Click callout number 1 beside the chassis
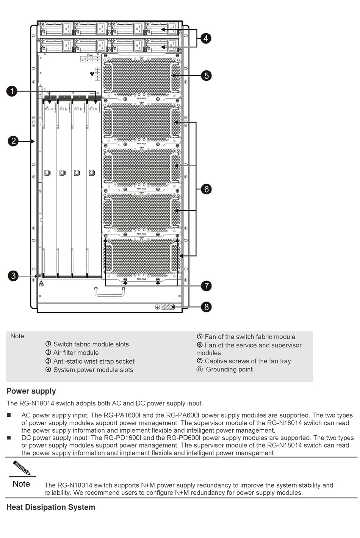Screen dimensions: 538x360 [x=12, y=91]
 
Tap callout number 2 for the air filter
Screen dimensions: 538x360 [x=13, y=141]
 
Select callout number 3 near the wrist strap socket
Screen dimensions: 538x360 [x=13, y=275]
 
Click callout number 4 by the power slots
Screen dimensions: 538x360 [x=206, y=38]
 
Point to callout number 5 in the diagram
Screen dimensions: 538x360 [x=206, y=75]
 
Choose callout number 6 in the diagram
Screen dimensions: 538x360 [x=206, y=189]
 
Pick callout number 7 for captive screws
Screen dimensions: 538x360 [x=206, y=286]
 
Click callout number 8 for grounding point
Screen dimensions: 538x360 [x=206, y=307]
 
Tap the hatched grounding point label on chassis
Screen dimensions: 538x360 [x=167, y=307]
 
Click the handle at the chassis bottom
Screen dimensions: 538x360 [x=110, y=291]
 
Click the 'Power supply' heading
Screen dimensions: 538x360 [x=31, y=391]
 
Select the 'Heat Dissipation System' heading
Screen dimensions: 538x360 [x=51, y=507]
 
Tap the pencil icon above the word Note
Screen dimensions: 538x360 [x=22, y=468]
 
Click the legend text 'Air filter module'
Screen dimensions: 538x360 [x=76, y=353]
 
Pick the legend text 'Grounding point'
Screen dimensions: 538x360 [x=229, y=369]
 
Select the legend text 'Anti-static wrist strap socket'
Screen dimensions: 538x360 [x=94, y=361]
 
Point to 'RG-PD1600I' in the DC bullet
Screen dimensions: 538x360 [x=123, y=438]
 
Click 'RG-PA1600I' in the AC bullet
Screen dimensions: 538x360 [x=122, y=415]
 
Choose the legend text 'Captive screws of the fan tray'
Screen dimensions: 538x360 [x=247, y=361]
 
